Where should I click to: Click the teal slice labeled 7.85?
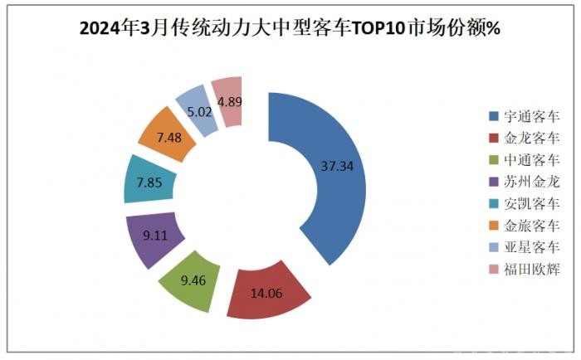(147, 179)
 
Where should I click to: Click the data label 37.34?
(337, 166)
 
